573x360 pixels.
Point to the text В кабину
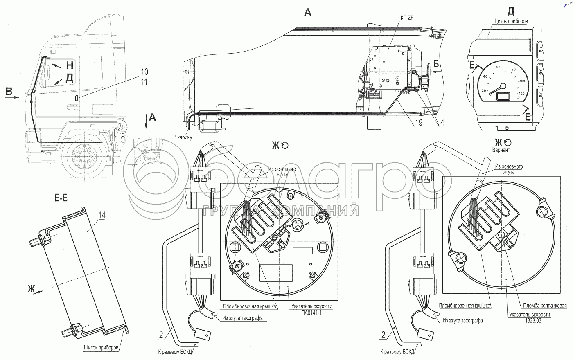point(182,137)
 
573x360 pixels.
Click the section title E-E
point(61,198)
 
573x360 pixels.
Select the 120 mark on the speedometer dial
point(521,94)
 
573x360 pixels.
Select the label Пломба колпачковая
point(545,306)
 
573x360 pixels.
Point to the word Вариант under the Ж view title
point(501,150)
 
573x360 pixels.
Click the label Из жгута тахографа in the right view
point(462,321)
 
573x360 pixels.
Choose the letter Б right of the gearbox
point(436,64)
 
